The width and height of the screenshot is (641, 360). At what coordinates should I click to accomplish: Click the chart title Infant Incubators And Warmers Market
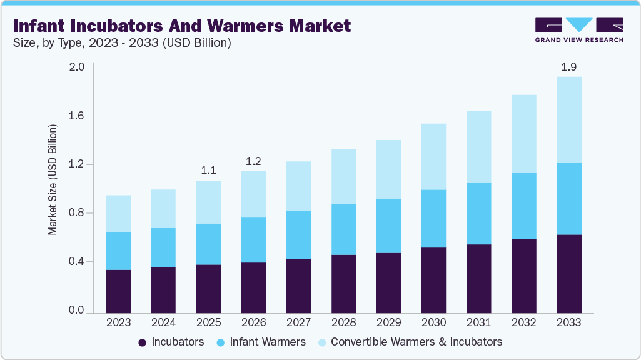tap(181, 26)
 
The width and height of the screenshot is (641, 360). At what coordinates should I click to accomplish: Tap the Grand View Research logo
tap(579, 30)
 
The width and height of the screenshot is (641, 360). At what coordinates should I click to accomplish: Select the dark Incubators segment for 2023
tap(118, 291)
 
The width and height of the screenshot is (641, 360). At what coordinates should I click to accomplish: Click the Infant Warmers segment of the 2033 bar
tap(568, 199)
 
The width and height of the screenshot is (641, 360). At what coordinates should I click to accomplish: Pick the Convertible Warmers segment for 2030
tap(433, 156)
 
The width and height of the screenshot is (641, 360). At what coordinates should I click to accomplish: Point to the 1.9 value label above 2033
tap(568, 66)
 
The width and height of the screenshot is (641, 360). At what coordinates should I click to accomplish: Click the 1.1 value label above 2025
tap(208, 170)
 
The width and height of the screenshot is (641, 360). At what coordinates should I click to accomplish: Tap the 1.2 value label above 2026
tap(253, 161)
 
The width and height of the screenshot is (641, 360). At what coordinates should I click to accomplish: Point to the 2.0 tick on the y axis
tap(76, 67)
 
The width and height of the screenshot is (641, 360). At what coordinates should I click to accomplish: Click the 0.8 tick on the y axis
tap(76, 213)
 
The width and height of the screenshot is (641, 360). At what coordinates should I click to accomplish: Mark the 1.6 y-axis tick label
tap(76, 116)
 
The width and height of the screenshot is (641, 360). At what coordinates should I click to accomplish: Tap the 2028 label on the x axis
tap(343, 322)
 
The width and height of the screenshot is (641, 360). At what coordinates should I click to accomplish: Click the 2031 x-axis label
tap(478, 322)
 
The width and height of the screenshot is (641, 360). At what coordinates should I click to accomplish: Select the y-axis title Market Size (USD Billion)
tap(53, 180)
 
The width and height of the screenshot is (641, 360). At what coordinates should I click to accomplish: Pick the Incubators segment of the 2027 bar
tap(298, 286)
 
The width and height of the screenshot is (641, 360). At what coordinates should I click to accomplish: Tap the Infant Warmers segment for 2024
tap(163, 247)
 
